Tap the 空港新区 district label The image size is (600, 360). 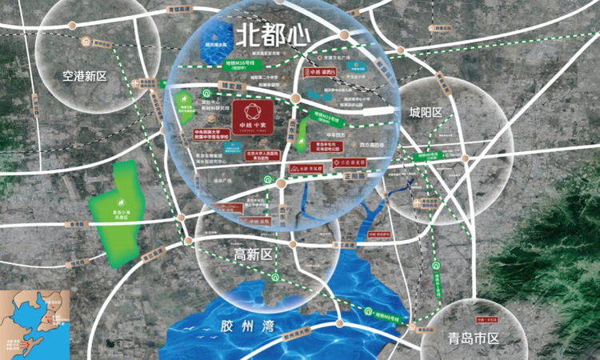84,77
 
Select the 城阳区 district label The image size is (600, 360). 425,112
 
